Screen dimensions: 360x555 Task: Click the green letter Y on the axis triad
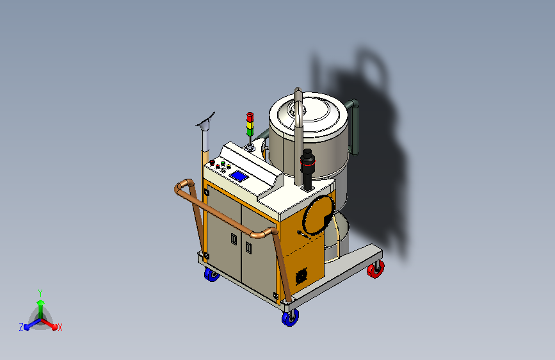pos(40,292)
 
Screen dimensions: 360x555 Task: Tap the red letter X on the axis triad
pos(60,327)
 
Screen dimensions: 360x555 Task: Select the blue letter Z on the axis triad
pos(21,327)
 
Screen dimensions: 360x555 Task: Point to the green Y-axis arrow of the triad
pos(40,305)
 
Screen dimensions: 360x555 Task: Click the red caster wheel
pos(376,270)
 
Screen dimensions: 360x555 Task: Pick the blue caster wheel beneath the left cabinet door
pos(211,275)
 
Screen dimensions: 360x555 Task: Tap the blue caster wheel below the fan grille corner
pos(289,317)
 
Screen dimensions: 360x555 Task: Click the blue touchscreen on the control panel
pos(239,176)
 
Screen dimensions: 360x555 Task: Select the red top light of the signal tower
pos(250,116)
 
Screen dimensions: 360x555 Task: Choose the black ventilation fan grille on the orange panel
pos(300,277)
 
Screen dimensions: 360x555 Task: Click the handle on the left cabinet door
pos(233,238)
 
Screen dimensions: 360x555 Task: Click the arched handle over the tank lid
pos(298,106)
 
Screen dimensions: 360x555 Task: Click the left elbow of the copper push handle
pos(181,189)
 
